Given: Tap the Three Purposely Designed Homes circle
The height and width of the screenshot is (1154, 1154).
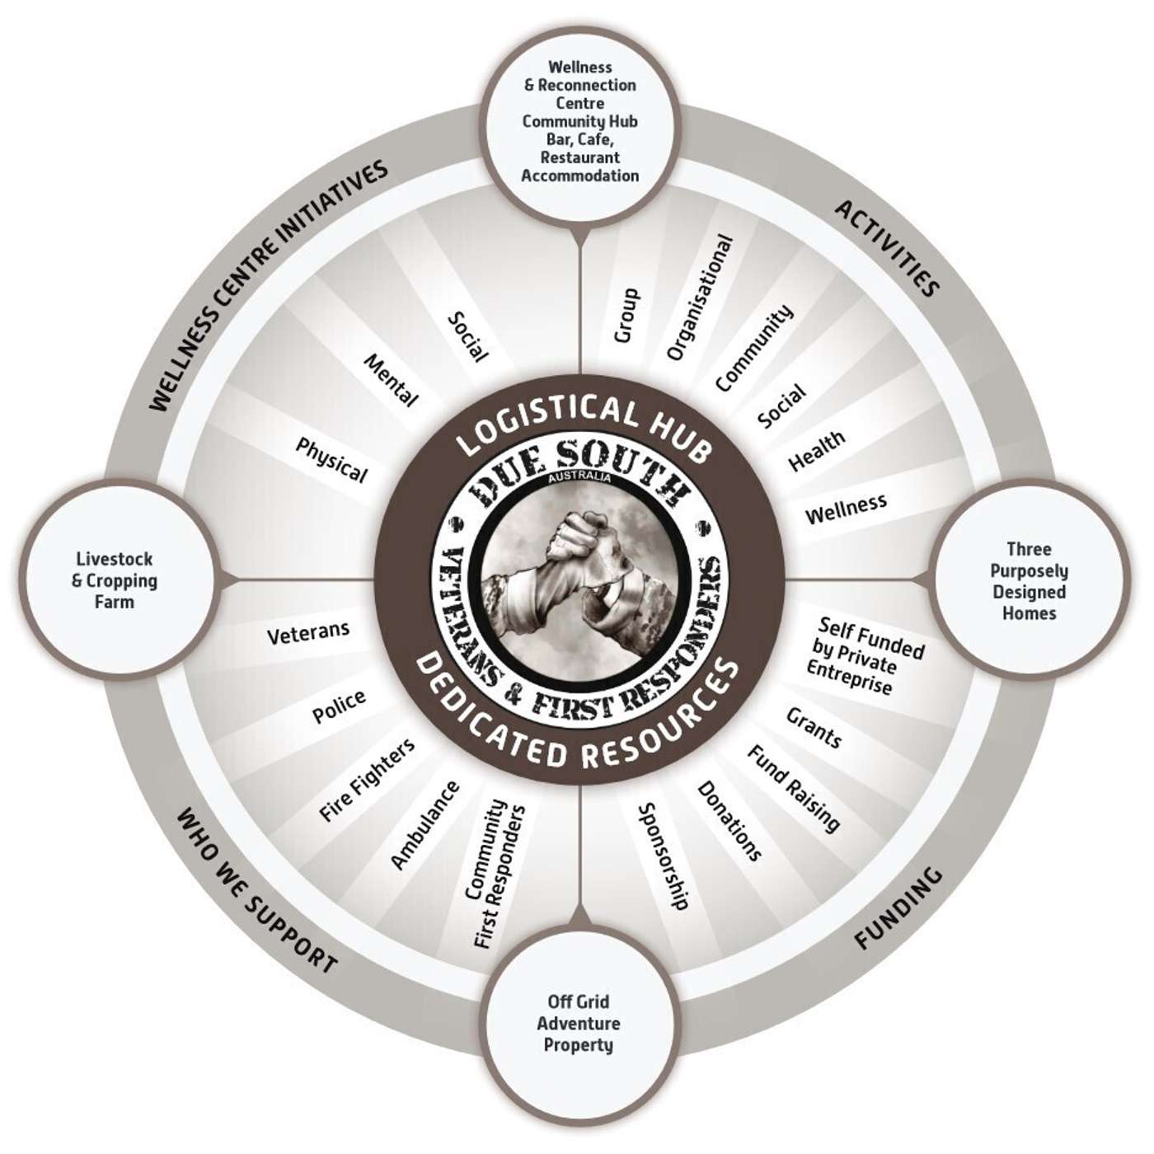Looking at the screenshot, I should pos(1029,581).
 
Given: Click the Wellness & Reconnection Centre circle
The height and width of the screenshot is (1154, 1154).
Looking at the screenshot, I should pos(580,121).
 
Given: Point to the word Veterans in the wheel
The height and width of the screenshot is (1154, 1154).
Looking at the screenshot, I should pos(308,632).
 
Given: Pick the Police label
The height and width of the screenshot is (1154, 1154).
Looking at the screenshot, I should pos(339,707).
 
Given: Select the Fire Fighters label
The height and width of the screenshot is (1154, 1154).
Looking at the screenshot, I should pos(367,780).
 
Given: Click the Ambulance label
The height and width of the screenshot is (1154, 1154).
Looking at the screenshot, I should pos(425,825).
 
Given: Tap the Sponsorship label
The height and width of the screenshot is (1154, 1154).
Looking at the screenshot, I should pos(664,856).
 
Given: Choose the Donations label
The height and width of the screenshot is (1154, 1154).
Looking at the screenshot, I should pos(729,821).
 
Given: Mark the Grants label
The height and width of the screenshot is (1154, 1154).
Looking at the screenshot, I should pos(814,727).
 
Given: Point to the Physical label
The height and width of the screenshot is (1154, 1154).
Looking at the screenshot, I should pos(331,460).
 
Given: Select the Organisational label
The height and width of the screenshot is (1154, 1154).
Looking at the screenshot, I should pos(699,298).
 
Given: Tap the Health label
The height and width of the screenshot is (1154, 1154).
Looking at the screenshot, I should pos(816,450).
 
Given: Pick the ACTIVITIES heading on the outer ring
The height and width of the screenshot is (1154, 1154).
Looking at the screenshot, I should pos(887,248).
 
